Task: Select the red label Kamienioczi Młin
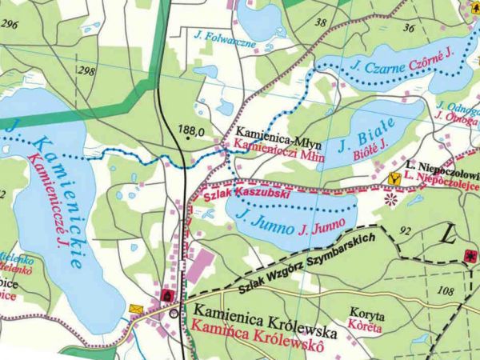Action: pos(276,146)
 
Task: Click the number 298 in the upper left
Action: pos(86,71)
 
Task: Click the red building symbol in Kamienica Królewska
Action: pos(166,296)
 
